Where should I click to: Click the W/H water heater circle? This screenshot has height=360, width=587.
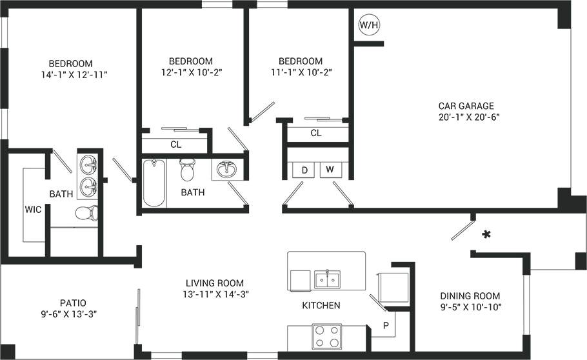point(369,25)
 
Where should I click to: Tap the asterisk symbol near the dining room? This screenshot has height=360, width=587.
point(485,235)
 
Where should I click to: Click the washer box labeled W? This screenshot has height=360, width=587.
point(330,170)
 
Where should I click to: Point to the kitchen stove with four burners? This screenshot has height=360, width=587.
point(326,335)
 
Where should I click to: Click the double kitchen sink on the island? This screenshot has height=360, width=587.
point(328,279)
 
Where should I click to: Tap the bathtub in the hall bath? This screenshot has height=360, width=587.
point(154,183)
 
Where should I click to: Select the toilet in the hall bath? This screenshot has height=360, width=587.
point(188,170)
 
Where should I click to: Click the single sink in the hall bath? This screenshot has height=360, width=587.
point(226,170)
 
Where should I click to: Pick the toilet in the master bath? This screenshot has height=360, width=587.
point(86,214)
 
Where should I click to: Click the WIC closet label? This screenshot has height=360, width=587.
point(34,210)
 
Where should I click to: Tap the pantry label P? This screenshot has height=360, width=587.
point(386,325)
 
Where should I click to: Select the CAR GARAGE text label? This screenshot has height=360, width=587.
point(466,106)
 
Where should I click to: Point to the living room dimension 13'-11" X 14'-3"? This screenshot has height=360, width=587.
point(215,294)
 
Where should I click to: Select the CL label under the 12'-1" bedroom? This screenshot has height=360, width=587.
point(175,145)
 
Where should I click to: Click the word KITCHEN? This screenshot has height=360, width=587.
point(321,305)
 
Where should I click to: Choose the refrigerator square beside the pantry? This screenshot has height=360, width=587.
point(393,285)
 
